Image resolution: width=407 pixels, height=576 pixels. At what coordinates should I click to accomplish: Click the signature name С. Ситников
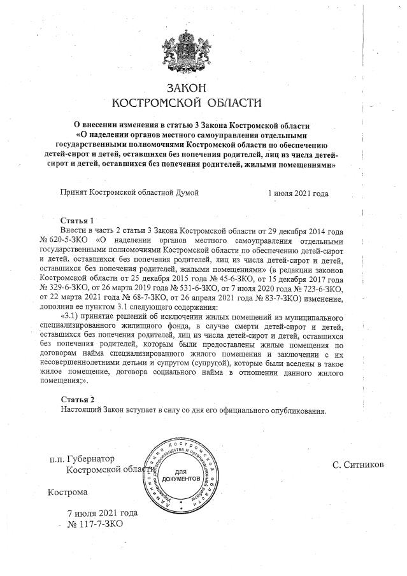[358, 465]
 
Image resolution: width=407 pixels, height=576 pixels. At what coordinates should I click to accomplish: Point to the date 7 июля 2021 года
[102, 513]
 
